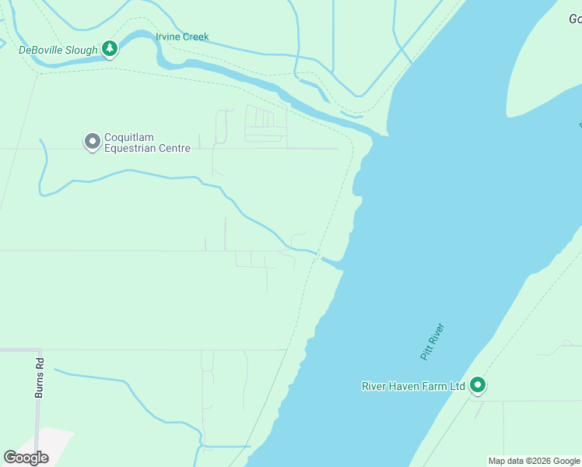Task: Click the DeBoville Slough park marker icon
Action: [x=110, y=49]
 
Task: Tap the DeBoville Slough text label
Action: [x=58, y=51]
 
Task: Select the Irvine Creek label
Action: [x=182, y=37]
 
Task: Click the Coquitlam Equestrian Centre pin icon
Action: [x=92, y=141]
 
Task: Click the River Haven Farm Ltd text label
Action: [x=413, y=386]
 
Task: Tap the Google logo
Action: [x=26, y=458]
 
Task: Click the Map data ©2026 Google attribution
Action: [x=533, y=461]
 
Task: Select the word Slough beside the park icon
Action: [x=83, y=51]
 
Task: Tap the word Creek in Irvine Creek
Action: [x=195, y=37]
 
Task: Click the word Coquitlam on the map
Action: [x=130, y=138]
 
